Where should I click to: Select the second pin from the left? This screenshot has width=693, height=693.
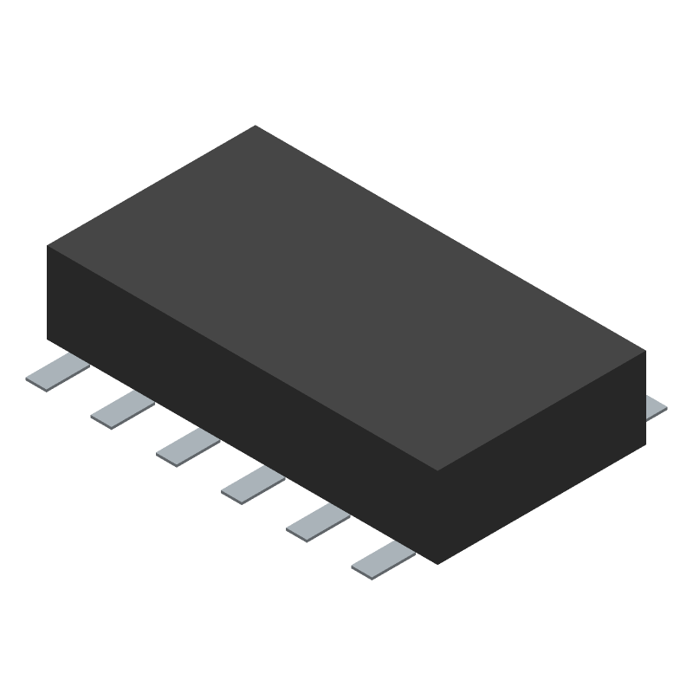122,408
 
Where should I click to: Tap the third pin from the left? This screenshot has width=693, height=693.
188,446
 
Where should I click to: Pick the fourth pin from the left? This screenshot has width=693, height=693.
253,483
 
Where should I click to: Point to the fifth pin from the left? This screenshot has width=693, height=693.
318,521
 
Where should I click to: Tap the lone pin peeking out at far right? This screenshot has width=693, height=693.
657,406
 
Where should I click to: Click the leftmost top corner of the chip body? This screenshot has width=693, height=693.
48,247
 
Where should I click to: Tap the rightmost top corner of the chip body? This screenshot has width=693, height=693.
645,351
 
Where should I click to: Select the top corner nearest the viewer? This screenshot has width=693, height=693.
437,471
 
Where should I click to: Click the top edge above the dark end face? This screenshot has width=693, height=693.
541,411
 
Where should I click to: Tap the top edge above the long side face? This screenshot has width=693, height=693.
243,359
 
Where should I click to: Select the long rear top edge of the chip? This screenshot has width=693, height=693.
450,238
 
